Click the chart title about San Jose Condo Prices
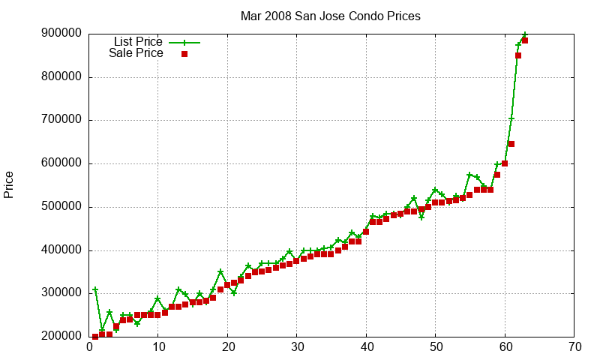coord(330,16)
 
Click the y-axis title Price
coord(9,184)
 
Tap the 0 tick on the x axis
coord(89,347)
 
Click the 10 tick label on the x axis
coord(158,347)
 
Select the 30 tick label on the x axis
coord(297,347)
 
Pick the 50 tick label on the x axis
coord(436,347)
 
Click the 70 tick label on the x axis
coord(574,347)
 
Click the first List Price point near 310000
coord(95,289)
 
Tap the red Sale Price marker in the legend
coord(184,54)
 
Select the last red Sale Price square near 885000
coord(525,40)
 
